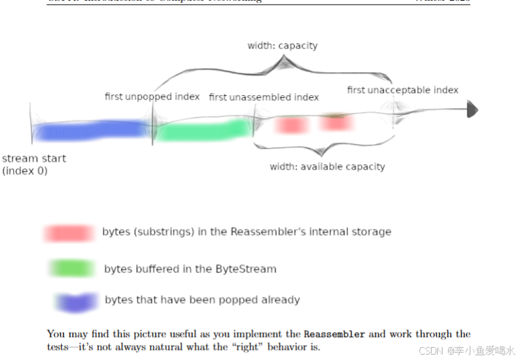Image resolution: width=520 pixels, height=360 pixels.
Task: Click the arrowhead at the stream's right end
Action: coord(472,110)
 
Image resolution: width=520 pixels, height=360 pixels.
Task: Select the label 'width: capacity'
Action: coord(282,46)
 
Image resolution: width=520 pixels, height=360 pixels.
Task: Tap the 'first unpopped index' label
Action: coord(152,96)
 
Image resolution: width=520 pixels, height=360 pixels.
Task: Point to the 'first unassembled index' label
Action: coord(264,97)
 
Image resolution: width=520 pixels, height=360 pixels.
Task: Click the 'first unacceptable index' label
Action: coord(402,90)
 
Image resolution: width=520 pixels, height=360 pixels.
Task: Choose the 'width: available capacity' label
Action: coord(327,166)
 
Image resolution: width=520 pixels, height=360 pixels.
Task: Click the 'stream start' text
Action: coord(34,158)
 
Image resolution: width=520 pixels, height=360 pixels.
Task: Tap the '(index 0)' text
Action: coord(25,170)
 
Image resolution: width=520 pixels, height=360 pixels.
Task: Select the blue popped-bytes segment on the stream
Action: coord(92,129)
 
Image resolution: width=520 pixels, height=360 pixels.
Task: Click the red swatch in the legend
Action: coord(69,233)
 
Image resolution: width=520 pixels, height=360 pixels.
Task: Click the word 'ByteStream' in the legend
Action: coord(245,269)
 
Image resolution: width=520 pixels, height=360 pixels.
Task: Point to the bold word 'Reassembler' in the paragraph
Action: coord(334,334)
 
